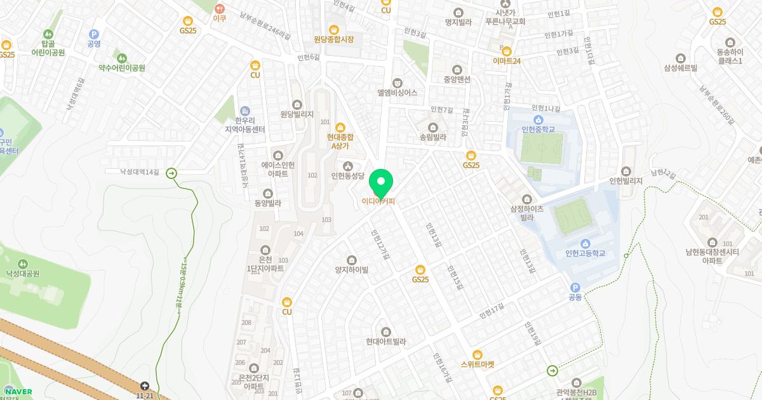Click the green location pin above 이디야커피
pos(381,183)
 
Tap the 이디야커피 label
pos(378,202)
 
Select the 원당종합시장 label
pos(333,39)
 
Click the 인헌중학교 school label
pos(538,130)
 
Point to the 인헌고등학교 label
pos(585,253)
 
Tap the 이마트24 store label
pos(507,61)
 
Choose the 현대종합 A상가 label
pos(340,141)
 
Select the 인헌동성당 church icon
pos(347,166)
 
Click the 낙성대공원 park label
pos(23,274)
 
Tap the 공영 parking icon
pos(94,34)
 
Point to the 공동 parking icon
pos(575,287)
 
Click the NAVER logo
pos(18,391)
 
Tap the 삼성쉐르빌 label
pos(681,68)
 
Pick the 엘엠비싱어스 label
pos(397,92)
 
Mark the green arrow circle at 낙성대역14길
pos(171,173)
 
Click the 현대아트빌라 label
pos(385,341)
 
